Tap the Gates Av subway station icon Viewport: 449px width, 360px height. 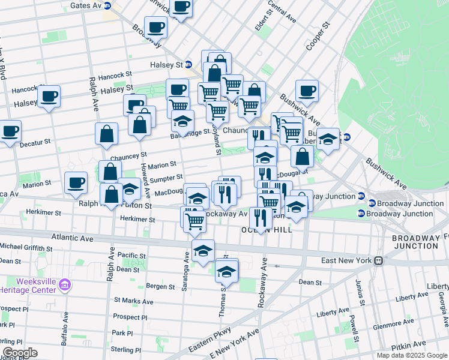pyautogui.click(x=107, y=5)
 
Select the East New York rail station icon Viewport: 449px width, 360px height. pyautogui.click(x=379, y=260)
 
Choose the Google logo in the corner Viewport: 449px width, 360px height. pyautogui.click(x=20, y=353)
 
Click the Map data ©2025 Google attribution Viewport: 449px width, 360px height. pyautogui.click(x=412, y=355)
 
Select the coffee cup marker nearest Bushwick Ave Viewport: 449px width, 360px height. pyautogui.click(x=307, y=91)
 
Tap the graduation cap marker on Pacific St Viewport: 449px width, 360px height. pyautogui.click(x=203, y=251)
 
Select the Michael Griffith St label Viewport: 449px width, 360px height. pyautogui.click(x=29, y=247)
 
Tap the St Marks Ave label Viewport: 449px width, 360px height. pyautogui.click(x=134, y=302)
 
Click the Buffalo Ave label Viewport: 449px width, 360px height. pyautogui.click(x=64, y=332)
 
